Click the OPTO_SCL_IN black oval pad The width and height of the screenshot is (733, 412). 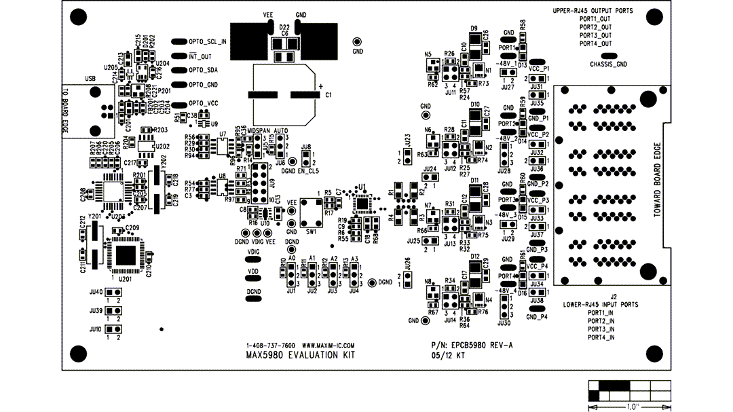point(178,41)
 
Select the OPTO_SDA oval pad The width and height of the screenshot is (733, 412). point(178,70)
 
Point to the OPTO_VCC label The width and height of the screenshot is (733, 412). point(204,103)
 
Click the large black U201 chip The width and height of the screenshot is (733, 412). point(125,256)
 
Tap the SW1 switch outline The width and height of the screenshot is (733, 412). point(312,212)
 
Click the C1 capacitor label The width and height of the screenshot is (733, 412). point(328,95)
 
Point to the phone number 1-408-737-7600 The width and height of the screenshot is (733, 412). point(271,345)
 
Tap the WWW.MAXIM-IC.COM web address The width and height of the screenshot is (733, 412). point(328,345)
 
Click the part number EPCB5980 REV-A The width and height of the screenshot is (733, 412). point(481,345)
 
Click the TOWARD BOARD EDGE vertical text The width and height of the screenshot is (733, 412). point(656,179)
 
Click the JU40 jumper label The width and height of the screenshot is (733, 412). point(95,293)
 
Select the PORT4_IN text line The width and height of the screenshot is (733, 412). point(601,337)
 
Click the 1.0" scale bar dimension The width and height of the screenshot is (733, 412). point(629,406)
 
